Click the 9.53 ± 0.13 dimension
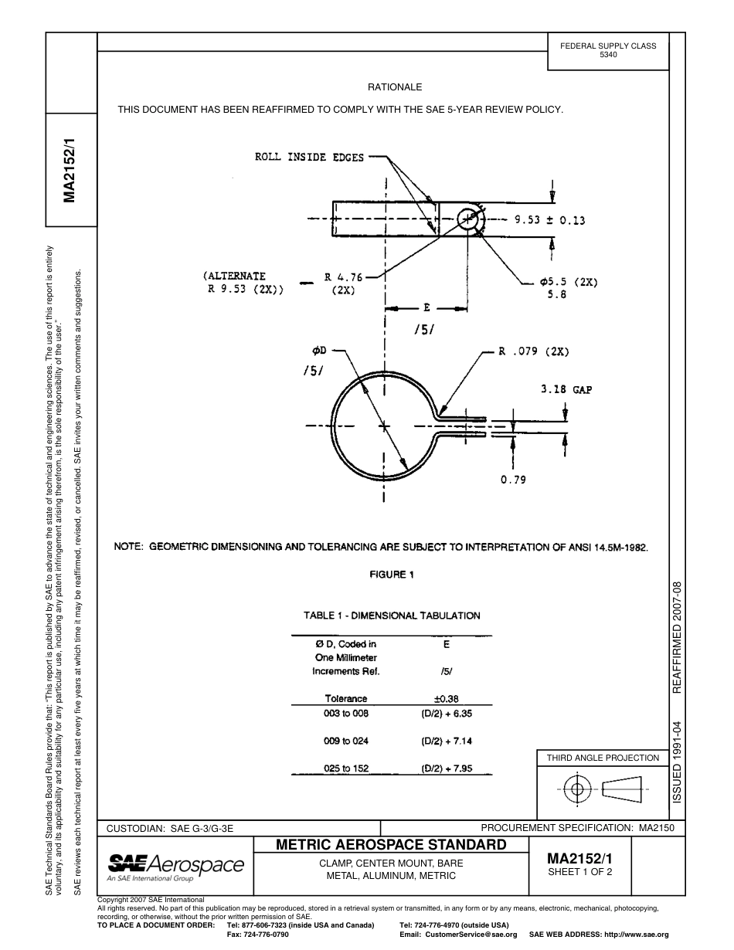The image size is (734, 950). [550, 220]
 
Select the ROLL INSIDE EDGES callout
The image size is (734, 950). [309, 158]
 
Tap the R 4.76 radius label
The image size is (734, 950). [343, 277]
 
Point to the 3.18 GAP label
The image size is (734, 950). [566, 390]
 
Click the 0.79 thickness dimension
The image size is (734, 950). [513, 480]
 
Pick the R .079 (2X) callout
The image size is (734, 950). [533, 351]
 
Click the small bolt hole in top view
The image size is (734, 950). [467, 219]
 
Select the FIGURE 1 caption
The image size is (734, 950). [392, 575]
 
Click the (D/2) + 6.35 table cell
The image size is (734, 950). [446, 714]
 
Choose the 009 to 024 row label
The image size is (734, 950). [346, 741]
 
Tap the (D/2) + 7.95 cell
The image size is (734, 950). [446, 769]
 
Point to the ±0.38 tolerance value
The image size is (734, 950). [446, 699]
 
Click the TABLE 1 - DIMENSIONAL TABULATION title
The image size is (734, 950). [392, 616]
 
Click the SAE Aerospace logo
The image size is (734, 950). [176, 867]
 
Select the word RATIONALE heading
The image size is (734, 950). [395, 87]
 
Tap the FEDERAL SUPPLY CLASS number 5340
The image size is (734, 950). [608, 56]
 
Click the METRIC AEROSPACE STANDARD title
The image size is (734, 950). [391, 844]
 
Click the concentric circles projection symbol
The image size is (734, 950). [576, 789]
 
